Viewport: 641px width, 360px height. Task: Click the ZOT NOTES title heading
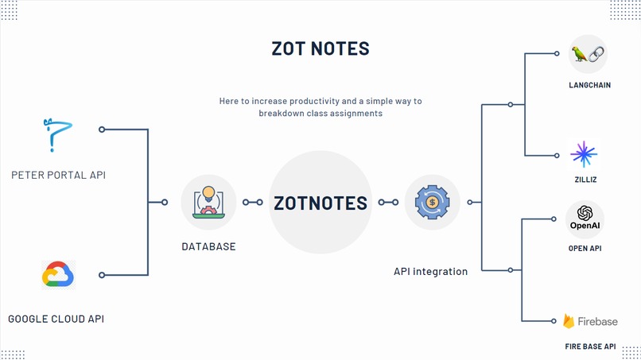tap(320, 48)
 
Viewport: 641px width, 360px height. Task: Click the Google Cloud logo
tap(58, 274)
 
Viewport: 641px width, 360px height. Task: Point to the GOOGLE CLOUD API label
tap(56, 319)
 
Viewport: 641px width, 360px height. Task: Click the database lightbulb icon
tap(208, 202)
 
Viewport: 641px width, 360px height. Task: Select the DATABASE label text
tap(208, 246)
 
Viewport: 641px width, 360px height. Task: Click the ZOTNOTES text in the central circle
tap(320, 203)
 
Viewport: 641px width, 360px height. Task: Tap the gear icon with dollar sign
tap(432, 202)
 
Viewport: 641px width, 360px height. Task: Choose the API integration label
tap(430, 272)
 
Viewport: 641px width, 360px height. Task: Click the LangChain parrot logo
tap(588, 54)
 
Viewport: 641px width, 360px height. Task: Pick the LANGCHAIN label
tap(589, 85)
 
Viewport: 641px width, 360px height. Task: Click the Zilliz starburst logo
tap(584, 154)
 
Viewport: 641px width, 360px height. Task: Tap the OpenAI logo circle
tap(585, 218)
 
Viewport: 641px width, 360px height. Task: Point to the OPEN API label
tap(585, 249)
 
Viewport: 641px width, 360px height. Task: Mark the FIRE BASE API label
tap(589, 346)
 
